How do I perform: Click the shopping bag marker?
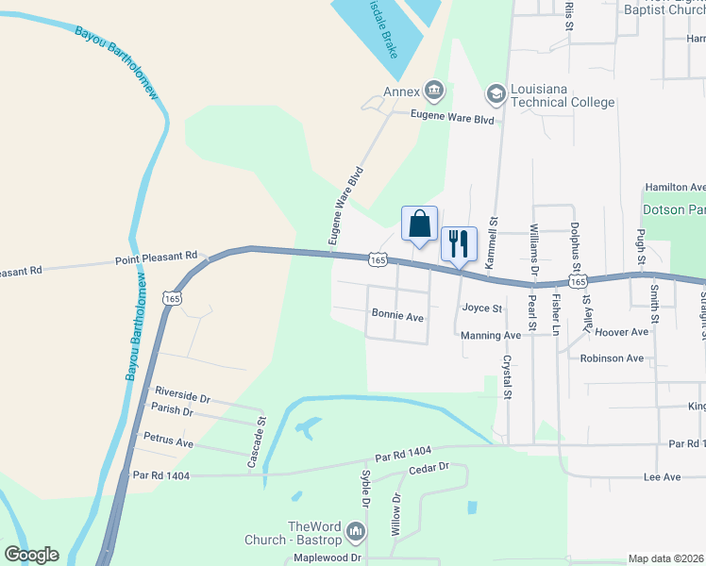420,225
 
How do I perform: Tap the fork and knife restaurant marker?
459,243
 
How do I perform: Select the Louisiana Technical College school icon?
496,93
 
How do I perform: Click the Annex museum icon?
433,92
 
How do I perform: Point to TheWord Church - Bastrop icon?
355,533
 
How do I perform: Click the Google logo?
32,555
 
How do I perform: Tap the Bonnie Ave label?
397,317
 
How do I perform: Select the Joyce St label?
482,308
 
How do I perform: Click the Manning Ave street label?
491,336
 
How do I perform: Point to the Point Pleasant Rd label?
156,257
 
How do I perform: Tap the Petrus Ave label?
168,441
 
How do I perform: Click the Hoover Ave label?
623,332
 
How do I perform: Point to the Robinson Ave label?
612,358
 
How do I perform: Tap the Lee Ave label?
662,477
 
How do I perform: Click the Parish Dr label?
172,411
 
